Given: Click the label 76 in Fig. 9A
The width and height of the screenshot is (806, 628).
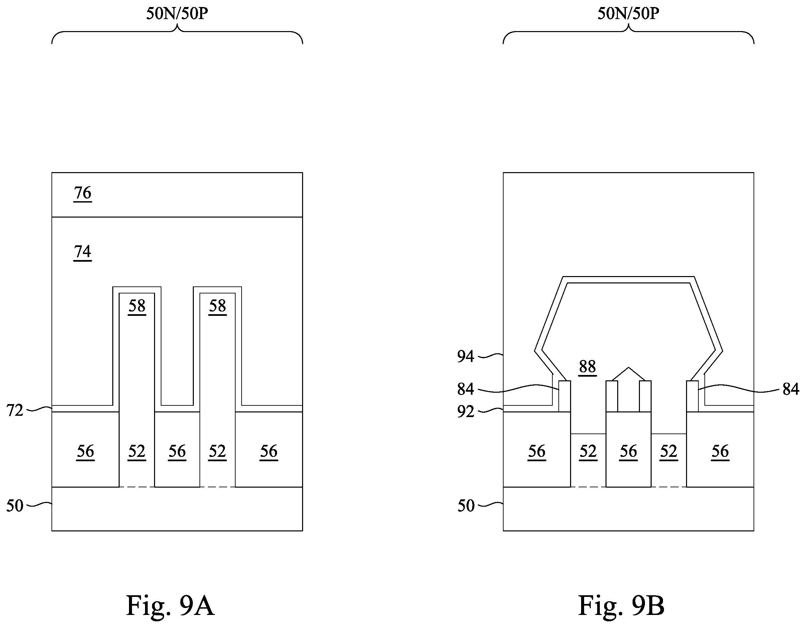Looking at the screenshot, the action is coord(83,193).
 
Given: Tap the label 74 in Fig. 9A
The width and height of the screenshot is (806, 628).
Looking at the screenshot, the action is coord(83,252).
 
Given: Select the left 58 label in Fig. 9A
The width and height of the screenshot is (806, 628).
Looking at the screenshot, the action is coord(137,306).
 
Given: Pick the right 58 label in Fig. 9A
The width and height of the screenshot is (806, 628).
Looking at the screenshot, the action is coord(217,306).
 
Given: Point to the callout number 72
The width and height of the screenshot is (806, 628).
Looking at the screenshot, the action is coord(15,410).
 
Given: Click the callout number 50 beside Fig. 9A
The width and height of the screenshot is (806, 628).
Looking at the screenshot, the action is coord(15,506).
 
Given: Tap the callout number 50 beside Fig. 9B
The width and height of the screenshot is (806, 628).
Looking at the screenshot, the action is coord(466,506).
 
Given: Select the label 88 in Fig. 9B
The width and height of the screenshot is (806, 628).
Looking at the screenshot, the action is coord(587,367).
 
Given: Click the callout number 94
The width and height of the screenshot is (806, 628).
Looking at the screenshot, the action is coord(466,356).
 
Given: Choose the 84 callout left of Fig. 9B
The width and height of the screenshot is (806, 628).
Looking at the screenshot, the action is coord(466,389).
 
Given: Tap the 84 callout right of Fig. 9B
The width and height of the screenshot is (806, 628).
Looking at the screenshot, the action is coord(791,389).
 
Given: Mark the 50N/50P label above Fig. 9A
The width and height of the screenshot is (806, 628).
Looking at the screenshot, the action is coord(177,14).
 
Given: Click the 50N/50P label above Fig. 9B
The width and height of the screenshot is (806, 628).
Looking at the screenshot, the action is coord(629,14).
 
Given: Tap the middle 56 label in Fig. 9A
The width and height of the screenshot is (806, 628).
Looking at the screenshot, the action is coord(177,452).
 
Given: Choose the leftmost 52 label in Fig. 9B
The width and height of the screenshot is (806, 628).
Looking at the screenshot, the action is coord(588,452).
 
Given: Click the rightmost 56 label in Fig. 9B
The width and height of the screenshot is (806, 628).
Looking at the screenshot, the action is coord(720,452).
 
